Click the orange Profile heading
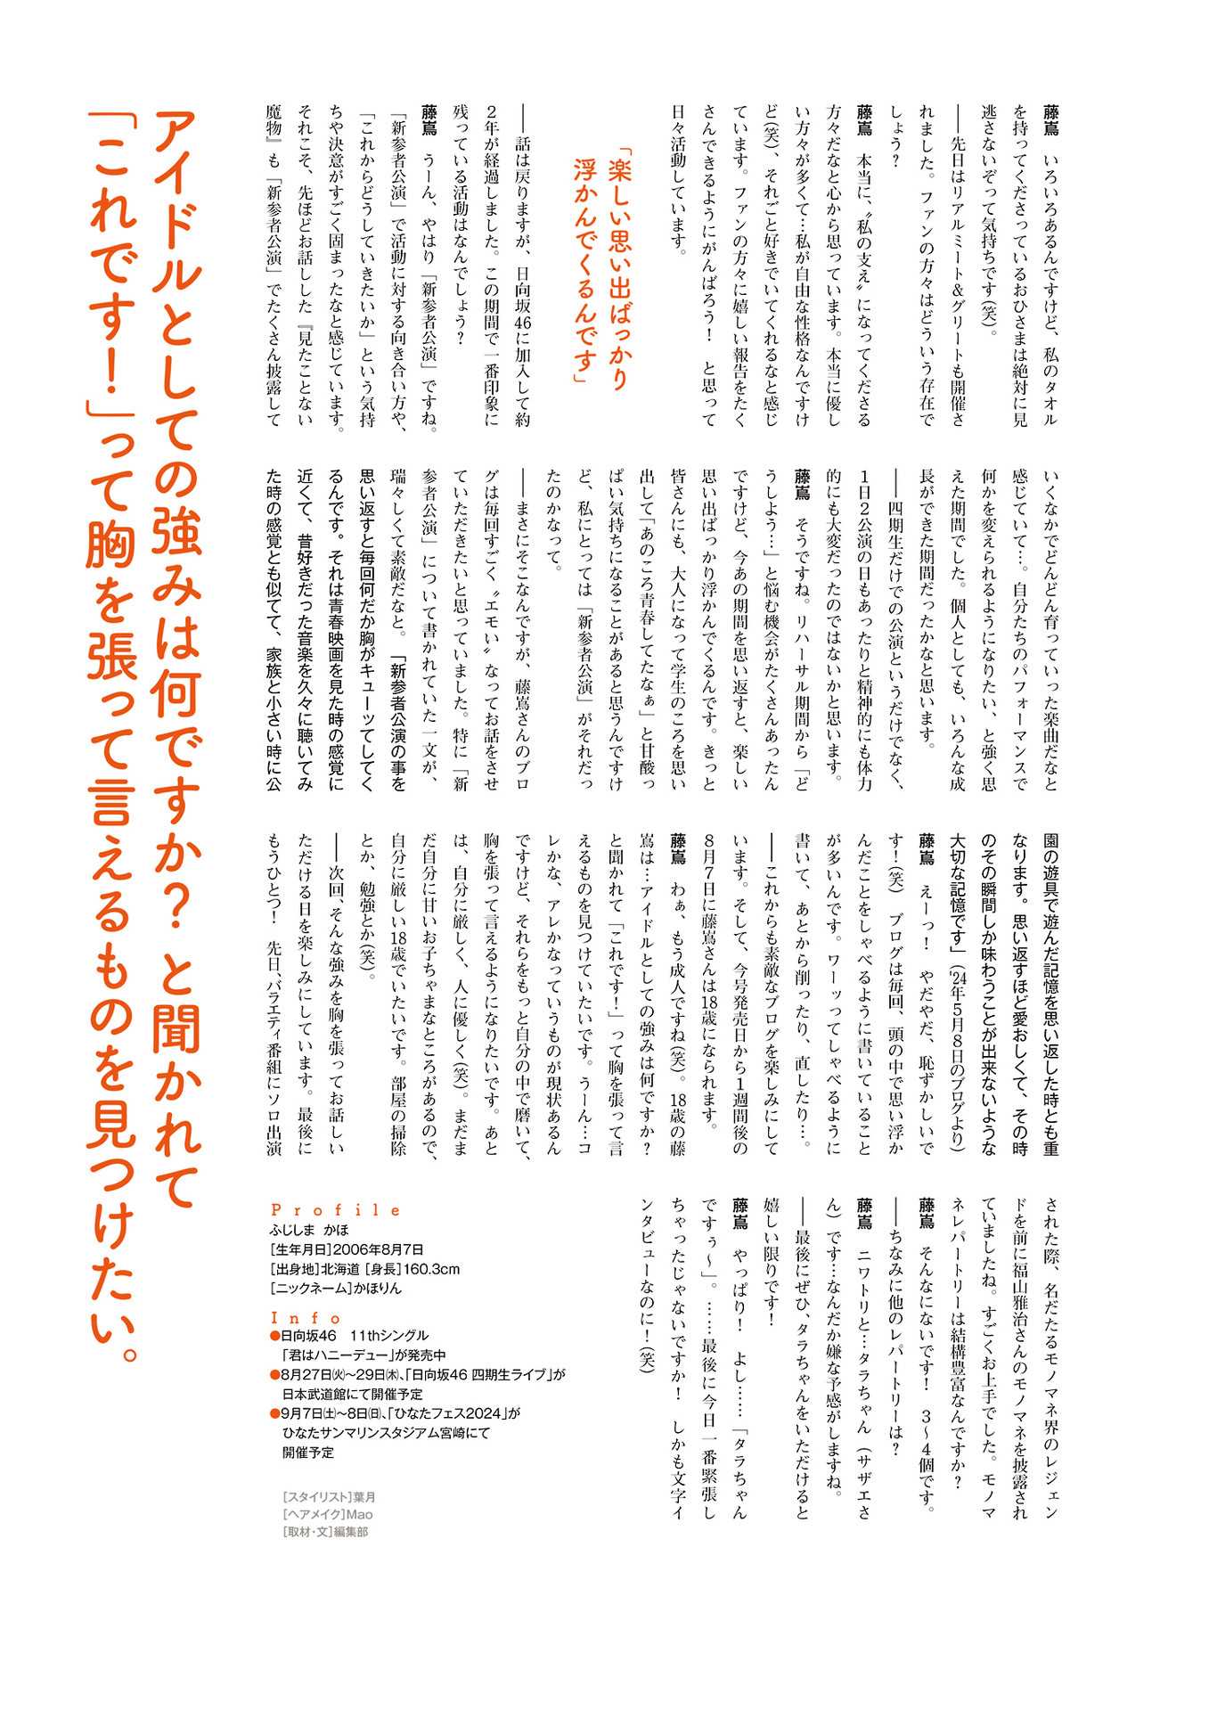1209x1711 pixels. pos(336,1209)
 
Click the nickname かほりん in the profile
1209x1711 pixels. pos(378,1289)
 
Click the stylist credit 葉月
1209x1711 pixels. pos(364,1498)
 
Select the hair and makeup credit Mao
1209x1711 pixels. pos(360,1514)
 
